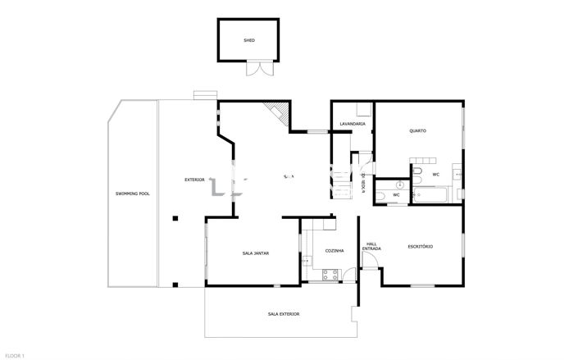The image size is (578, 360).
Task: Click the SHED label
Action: point(249,40)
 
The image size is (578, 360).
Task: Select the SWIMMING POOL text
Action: point(133,193)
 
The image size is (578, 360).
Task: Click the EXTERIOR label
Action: point(194,179)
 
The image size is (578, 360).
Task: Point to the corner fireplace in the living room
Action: point(280,113)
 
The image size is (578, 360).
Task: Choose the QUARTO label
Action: point(417,130)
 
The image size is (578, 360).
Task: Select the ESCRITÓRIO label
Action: point(420,246)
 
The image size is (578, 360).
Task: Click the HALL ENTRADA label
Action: point(371,246)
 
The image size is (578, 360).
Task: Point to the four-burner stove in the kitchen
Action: point(331,276)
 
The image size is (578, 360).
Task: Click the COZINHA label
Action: point(334,250)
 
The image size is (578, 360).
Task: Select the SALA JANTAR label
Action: point(255,253)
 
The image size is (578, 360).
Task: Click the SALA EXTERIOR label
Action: point(283,314)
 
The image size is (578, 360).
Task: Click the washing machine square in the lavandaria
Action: point(363,112)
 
